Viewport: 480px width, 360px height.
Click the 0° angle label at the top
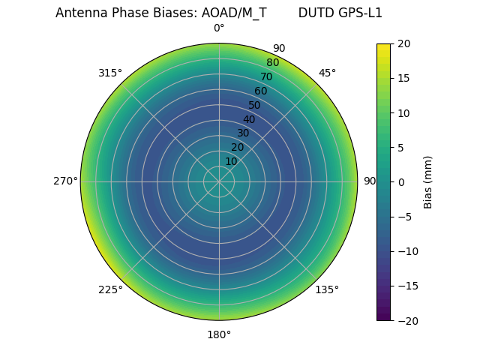point(219,28)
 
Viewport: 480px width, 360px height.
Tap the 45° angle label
point(327,73)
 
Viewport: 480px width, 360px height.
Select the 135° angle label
point(327,289)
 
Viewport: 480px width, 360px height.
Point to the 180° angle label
point(219,334)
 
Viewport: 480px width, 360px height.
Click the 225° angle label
point(110,289)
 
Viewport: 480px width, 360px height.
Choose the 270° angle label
point(65,181)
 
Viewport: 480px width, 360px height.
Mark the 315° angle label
point(110,73)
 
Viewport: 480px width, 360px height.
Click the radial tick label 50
point(255,105)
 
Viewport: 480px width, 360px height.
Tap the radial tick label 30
point(243,133)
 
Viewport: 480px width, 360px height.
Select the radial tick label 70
point(266,76)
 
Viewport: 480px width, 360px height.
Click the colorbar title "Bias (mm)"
point(428,182)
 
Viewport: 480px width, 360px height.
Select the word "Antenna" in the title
point(80,13)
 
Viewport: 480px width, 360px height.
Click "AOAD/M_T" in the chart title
point(234,13)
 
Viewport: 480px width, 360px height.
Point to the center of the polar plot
point(219,181)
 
